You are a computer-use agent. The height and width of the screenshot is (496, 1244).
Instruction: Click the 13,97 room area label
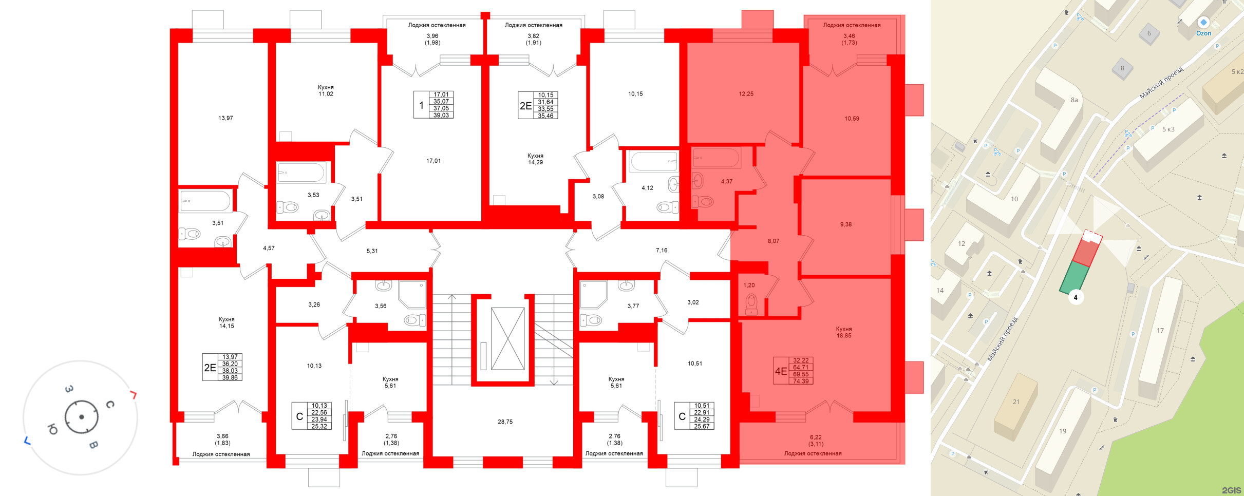coord(225,118)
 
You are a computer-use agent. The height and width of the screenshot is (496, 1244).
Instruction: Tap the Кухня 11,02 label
coord(326,91)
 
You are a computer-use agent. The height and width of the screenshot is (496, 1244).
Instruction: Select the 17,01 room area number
coord(433,161)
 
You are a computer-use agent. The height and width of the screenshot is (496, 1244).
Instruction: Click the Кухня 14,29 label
coord(535,159)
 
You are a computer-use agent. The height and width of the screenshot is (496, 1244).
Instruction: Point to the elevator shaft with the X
coord(507,339)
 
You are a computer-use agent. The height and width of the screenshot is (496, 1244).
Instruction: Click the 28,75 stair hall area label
coord(505,422)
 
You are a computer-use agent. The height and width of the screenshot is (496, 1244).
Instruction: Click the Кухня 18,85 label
coord(843,332)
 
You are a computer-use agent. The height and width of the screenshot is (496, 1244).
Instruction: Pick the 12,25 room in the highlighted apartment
coord(746,94)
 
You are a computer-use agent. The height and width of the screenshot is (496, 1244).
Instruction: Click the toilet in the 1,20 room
coord(751,303)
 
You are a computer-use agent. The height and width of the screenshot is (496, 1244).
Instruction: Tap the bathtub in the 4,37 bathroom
coord(716,158)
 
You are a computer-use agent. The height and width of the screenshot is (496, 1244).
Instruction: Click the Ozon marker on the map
coord(1203,23)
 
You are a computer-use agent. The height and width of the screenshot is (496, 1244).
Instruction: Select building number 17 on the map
coord(1160,331)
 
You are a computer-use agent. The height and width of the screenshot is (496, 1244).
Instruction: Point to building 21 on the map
coord(1016,402)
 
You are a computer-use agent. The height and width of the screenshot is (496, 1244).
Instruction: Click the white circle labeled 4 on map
coord(1076,297)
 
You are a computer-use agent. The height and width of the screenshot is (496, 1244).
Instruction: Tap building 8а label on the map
coord(1074,100)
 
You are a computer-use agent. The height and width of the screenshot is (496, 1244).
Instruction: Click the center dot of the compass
coord(82,417)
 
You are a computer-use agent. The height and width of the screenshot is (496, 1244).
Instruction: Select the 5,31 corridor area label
coord(372,251)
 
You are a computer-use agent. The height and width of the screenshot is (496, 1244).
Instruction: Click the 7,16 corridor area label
coord(662,250)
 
